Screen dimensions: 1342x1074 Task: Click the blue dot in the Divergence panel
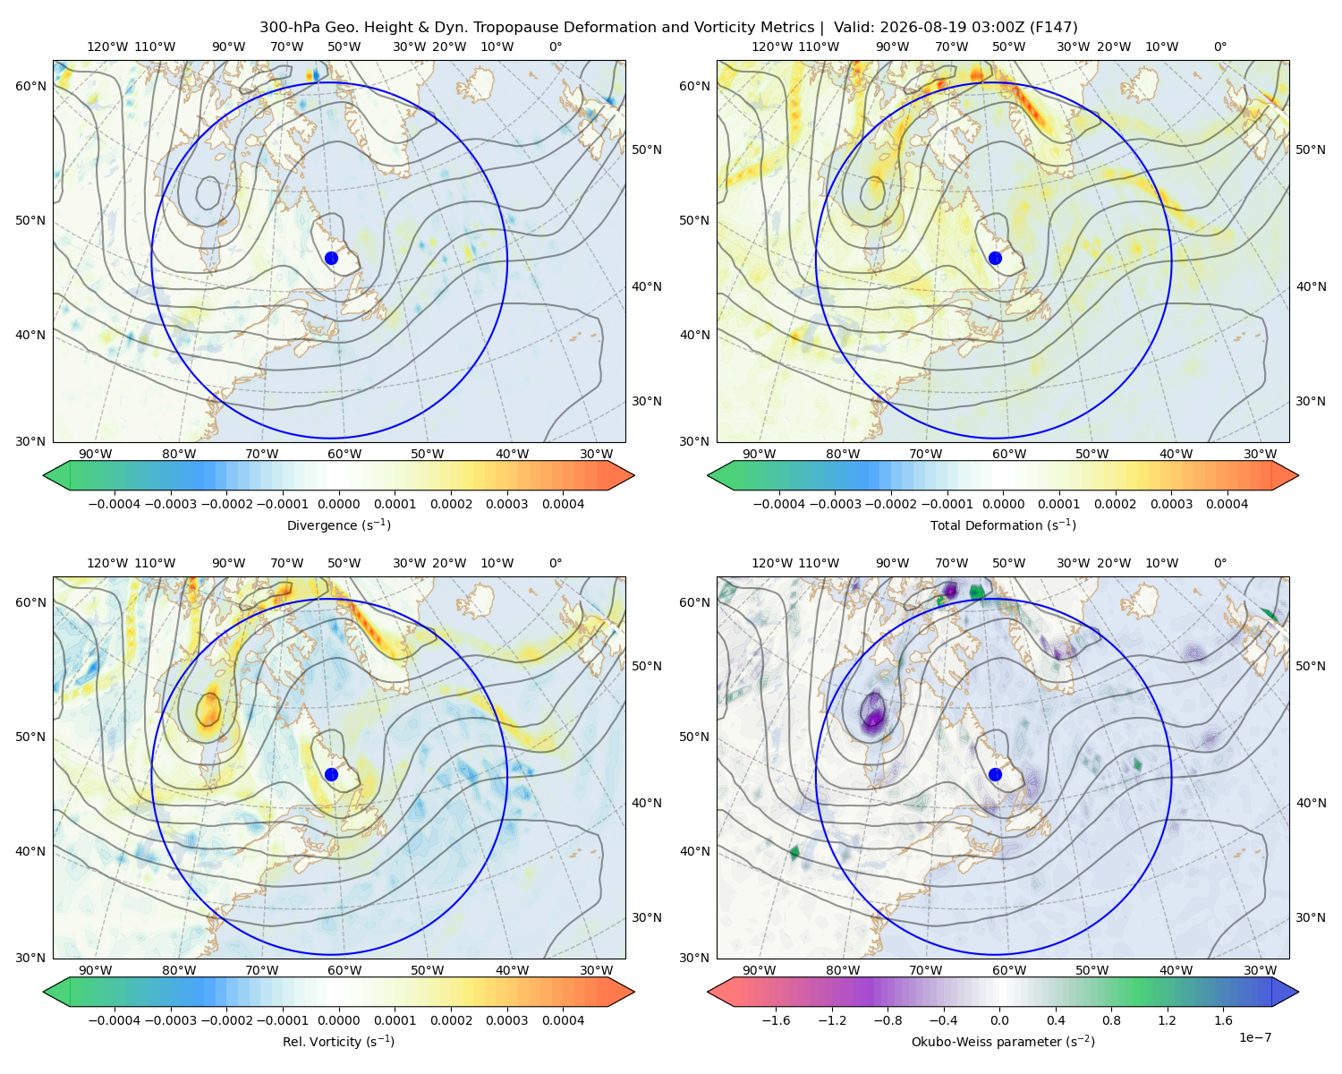331,258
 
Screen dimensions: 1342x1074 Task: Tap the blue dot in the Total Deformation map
995,258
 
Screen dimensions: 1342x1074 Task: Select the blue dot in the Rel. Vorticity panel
331,774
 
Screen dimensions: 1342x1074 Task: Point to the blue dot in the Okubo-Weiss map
995,774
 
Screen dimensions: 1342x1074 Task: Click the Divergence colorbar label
338,525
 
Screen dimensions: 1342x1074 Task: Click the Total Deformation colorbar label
1003,525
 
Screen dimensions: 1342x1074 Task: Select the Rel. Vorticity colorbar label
338,1042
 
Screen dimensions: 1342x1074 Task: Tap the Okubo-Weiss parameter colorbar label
1003,1042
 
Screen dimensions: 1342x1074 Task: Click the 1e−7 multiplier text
1254,1037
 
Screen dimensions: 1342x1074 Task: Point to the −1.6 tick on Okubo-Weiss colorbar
776,1020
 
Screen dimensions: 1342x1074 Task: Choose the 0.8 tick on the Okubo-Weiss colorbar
1111,1020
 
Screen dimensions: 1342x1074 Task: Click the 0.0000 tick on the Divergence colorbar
338,504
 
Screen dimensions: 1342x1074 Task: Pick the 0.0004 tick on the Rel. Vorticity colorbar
563,1020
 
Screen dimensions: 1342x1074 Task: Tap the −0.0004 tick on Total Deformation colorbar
779,504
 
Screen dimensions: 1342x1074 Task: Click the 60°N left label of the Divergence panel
30,86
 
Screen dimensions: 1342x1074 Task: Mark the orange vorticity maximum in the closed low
209,709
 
